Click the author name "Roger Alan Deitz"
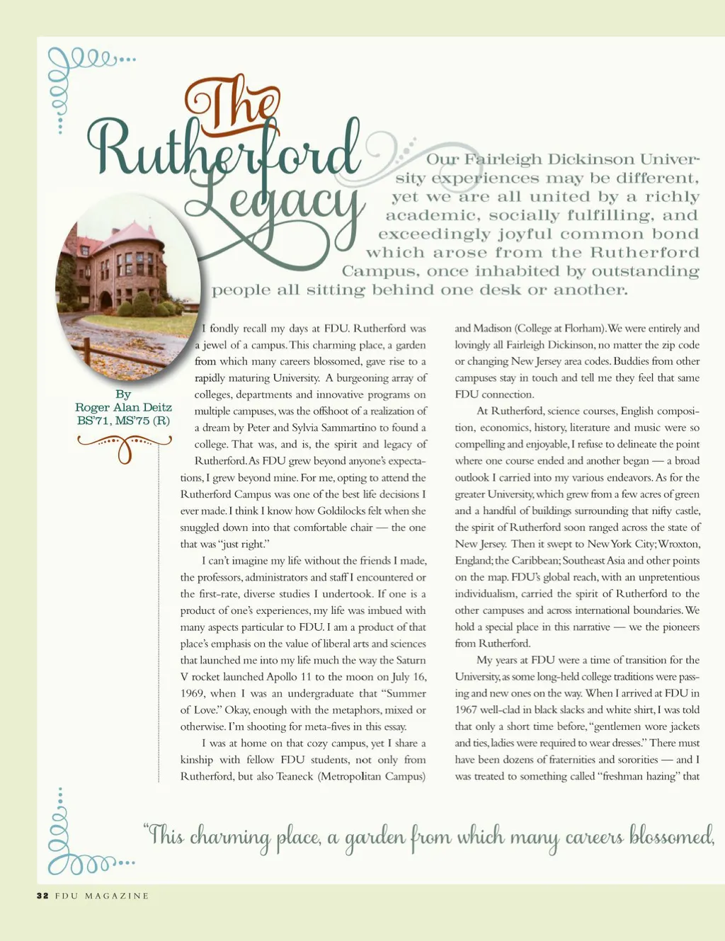123,407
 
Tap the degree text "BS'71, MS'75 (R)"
123,421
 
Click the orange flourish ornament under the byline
125,447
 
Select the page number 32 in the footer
42,896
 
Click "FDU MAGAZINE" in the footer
102,896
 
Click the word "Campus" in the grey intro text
371,271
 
